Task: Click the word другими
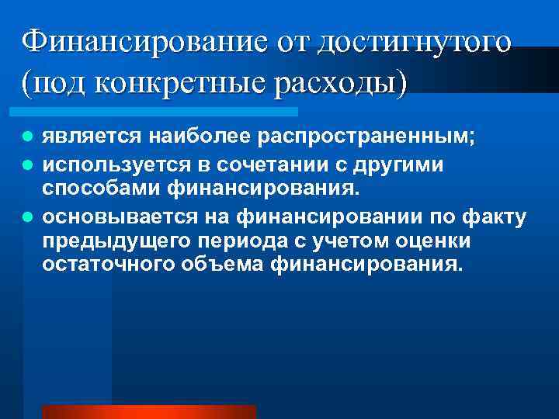tap(388, 165)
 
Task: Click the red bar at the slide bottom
tap(148, 412)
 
